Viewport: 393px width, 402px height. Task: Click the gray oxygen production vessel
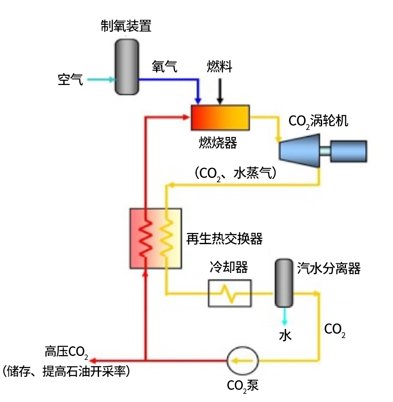click(126, 66)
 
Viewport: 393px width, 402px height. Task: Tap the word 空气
click(70, 80)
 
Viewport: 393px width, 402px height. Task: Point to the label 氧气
click(164, 67)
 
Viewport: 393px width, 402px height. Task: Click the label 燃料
click(219, 67)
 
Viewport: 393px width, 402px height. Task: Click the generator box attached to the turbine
click(348, 151)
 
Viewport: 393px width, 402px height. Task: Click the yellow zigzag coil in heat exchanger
click(166, 239)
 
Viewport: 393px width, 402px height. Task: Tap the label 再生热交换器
click(224, 239)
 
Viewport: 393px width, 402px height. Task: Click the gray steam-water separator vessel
click(284, 283)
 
